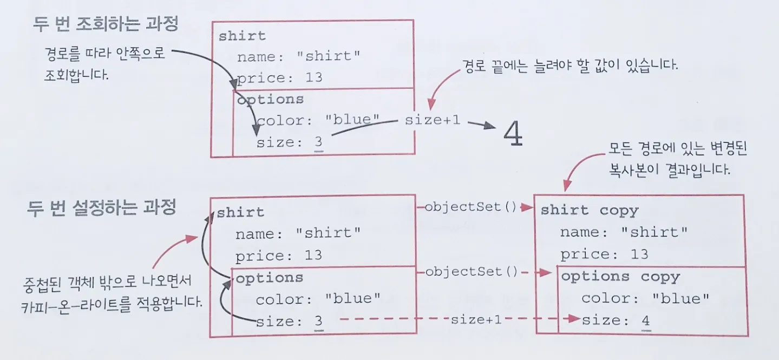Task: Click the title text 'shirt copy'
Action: [590, 210]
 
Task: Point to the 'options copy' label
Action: [620, 277]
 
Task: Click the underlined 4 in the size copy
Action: [645, 321]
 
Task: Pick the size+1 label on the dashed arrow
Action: [476, 319]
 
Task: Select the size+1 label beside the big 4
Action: [433, 120]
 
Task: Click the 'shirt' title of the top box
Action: [242, 36]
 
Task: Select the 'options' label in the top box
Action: [271, 100]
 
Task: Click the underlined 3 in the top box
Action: [318, 143]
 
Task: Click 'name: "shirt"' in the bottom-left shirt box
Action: [298, 234]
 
